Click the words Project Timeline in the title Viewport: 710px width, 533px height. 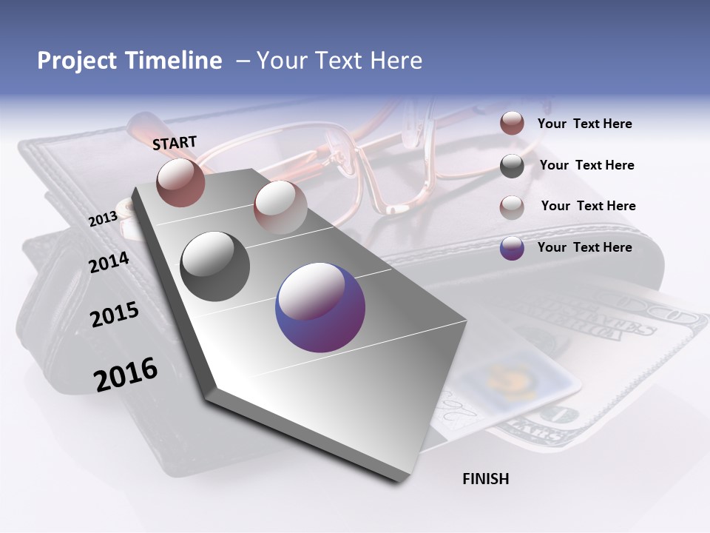click(129, 61)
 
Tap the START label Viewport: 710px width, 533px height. click(175, 143)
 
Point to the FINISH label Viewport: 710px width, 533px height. click(485, 479)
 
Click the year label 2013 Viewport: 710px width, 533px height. click(103, 219)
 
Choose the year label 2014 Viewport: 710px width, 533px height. click(109, 263)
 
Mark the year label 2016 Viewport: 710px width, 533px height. click(126, 375)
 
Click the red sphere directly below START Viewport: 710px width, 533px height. click(180, 182)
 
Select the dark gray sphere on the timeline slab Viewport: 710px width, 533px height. click(215, 266)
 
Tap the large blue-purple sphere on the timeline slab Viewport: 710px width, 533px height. click(320, 307)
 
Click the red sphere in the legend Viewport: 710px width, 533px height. click(512, 123)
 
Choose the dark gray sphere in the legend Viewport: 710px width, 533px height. click(512, 166)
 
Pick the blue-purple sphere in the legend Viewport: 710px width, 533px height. click(512, 248)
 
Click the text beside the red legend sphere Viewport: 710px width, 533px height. click(584, 124)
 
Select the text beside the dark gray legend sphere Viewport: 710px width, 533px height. click(586, 165)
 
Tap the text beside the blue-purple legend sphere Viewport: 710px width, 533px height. click(584, 247)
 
